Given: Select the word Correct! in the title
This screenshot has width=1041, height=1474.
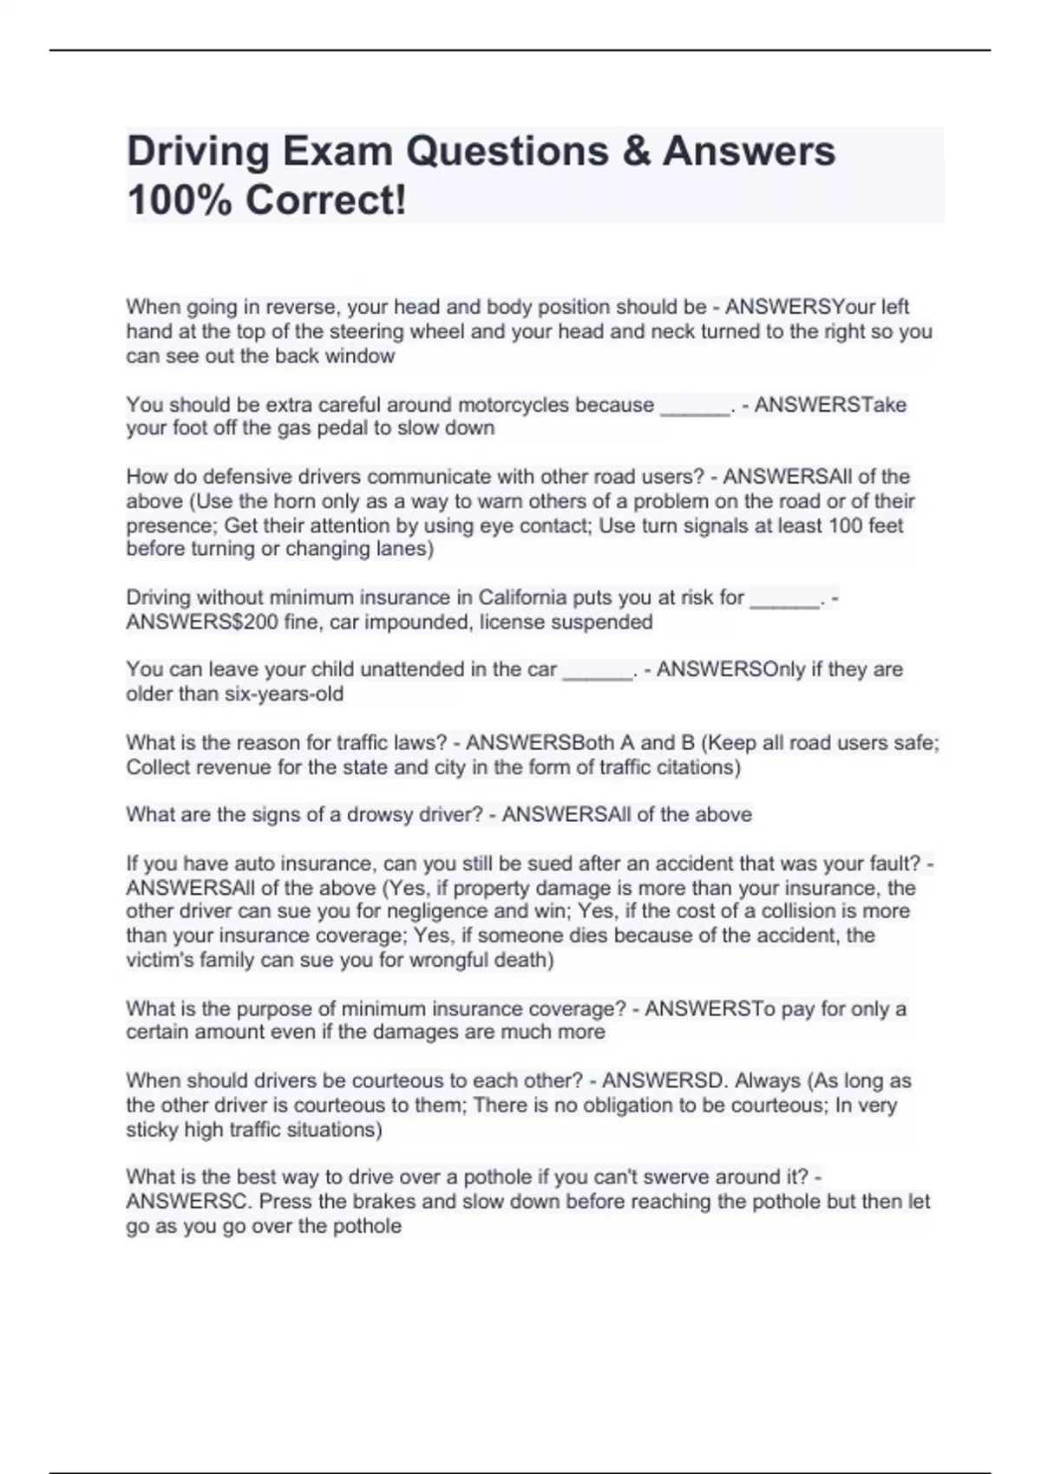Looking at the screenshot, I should [x=325, y=200].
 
